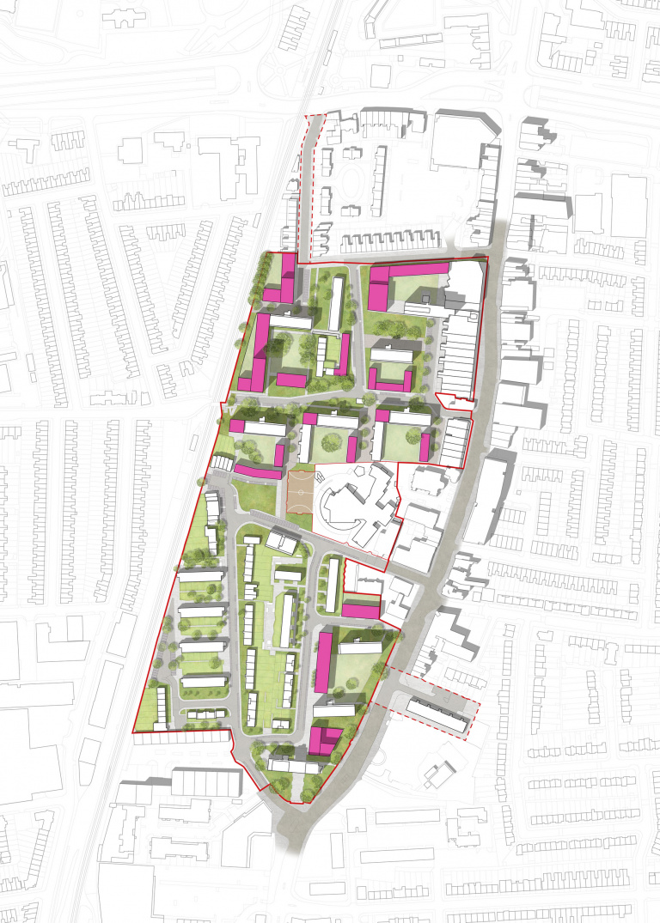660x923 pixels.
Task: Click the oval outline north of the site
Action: point(350,183)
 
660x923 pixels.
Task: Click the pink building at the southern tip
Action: point(323,738)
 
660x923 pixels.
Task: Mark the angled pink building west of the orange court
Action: point(256,471)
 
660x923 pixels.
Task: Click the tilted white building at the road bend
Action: point(282,541)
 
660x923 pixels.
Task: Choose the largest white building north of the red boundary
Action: point(460,141)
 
